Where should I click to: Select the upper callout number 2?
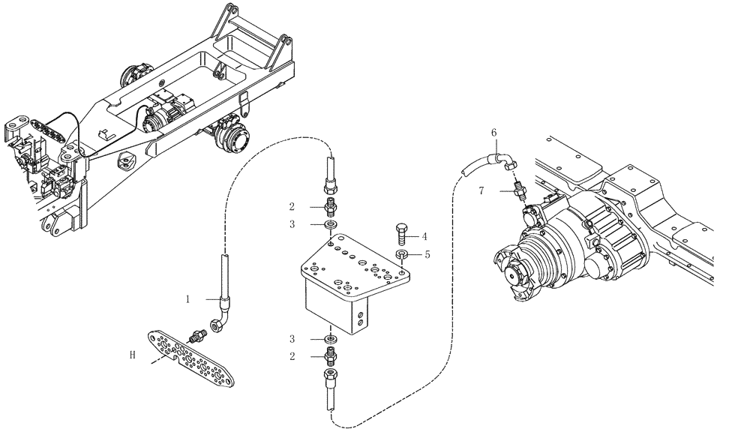tap(291, 206)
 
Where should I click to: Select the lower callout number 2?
tap(291, 356)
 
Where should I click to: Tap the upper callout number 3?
tap(291, 224)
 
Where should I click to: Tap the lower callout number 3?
tap(291, 338)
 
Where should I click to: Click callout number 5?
tap(427, 254)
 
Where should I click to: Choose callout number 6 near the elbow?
tap(494, 133)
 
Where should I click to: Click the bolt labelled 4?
tap(401, 232)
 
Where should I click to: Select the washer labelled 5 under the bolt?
tap(402, 256)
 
